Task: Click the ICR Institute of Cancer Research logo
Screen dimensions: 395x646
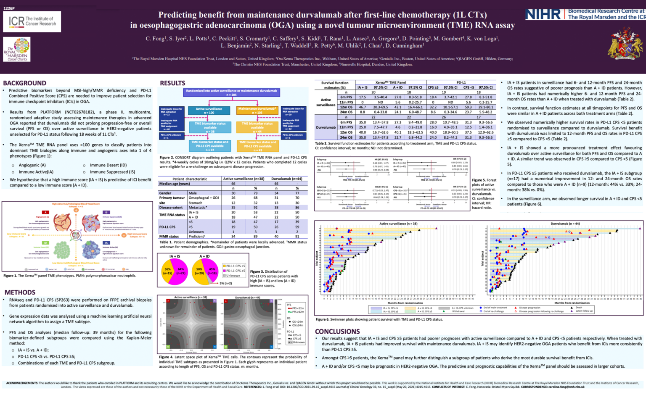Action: pos(32,21)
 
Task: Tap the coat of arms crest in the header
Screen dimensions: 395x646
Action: pos(625,44)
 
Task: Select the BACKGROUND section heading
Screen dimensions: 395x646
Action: pos(24,83)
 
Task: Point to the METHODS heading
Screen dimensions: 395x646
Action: pos(20,292)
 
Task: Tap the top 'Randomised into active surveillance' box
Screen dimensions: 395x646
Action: pos(232,92)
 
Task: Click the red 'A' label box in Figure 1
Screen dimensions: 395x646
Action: pos(45,212)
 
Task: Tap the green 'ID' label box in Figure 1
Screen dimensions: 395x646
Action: pos(45,243)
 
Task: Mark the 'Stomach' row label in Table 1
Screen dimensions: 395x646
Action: pos(196,203)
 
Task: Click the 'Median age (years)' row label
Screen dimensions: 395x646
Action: pos(175,184)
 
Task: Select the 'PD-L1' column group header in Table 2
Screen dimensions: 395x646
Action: pos(461,83)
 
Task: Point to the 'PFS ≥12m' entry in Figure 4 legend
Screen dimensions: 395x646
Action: pos(298,312)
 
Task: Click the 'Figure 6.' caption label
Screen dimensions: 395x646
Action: pos(323,319)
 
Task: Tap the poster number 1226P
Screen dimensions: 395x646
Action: pos(9,8)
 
